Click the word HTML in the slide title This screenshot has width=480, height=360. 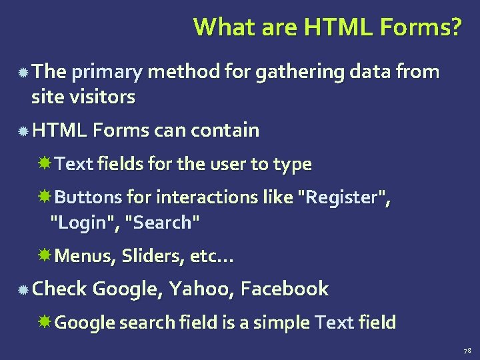tap(332, 27)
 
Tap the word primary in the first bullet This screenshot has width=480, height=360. tap(106, 71)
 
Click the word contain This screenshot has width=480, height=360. tap(225, 130)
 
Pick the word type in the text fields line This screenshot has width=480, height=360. tap(295, 164)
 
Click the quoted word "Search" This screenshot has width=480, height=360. tap(163, 223)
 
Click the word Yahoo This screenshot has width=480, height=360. tap(201, 289)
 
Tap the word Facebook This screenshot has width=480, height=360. tap(285, 289)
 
